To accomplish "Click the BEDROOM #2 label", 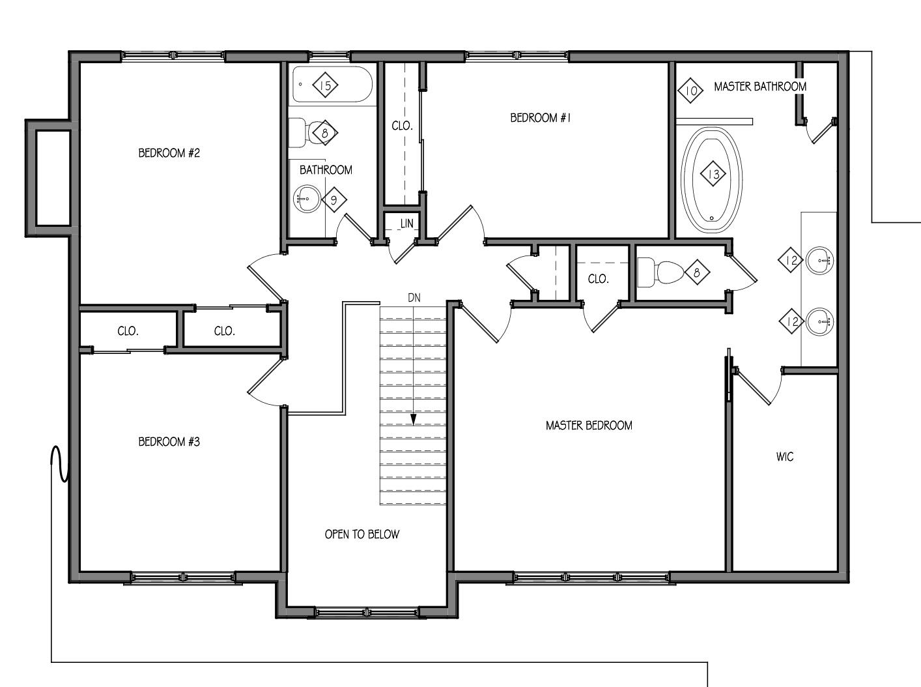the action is click(169, 153).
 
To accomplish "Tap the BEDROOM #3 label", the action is click(169, 442).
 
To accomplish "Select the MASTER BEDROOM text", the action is click(589, 426).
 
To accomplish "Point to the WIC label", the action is click(785, 457).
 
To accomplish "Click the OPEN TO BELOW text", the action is click(361, 534).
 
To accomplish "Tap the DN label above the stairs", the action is click(414, 298).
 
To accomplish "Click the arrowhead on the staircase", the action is click(414, 420).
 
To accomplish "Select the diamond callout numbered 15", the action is click(325, 85).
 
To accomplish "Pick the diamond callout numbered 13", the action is click(713, 174).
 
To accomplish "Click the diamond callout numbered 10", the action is click(690, 91).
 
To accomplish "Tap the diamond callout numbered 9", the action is click(334, 199).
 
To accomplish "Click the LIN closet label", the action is click(406, 224).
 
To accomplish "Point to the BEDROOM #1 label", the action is click(541, 118).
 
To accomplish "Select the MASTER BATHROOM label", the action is click(760, 87).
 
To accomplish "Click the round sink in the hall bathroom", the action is click(307, 199).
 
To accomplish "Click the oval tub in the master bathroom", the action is click(711, 180).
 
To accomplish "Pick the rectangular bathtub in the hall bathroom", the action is click(332, 84).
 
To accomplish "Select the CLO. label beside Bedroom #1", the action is click(402, 126).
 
